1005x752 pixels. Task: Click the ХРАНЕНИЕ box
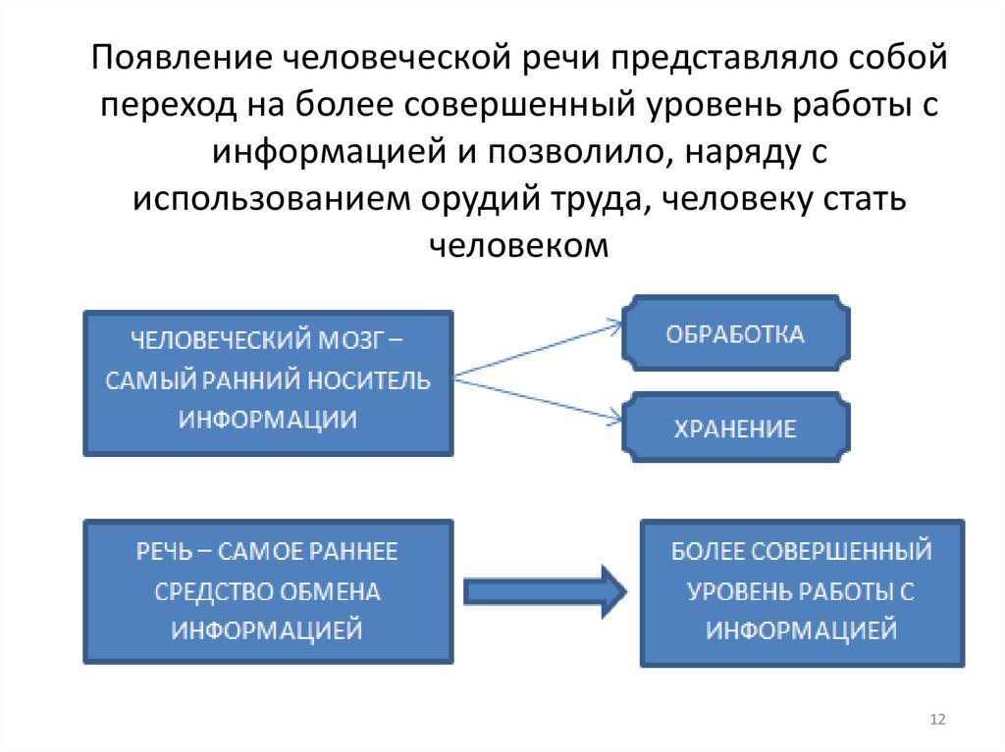click(x=735, y=427)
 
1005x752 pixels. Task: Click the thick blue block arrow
click(x=544, y=589)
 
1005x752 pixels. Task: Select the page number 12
click(x=936, y=721)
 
